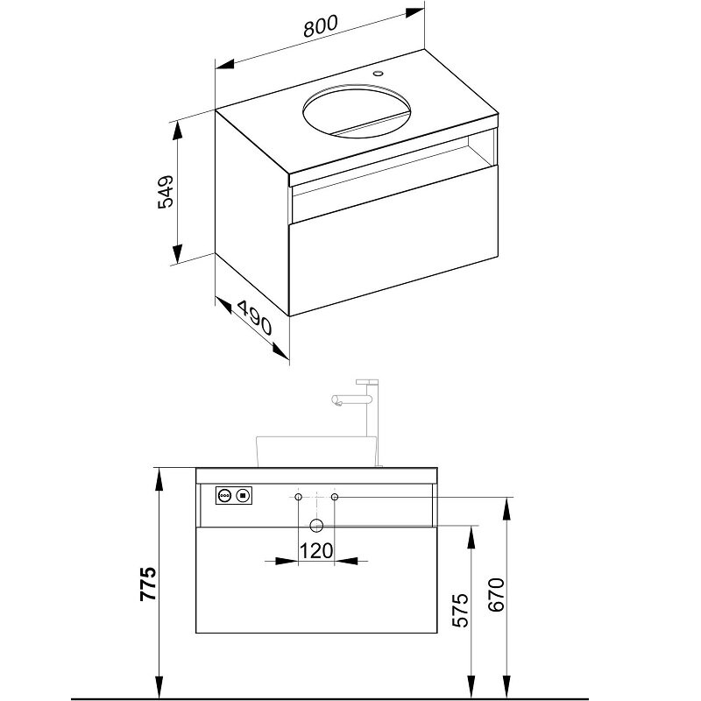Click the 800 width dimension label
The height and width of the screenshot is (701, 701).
click(x=321, y=26)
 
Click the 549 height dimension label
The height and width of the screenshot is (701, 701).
click(x=166, y=192)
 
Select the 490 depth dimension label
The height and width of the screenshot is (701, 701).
click(x=254, y=318)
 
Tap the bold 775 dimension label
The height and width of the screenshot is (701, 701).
click(x=148, y=584)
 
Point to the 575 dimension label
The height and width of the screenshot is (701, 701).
click(x=460, y=610)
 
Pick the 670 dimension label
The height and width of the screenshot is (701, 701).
click(x=496, y=595)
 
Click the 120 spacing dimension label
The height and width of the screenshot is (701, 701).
click(x=315, y=551)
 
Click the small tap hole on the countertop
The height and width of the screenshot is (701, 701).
click(x=379, y=73)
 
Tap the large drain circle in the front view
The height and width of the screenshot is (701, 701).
click(x=316, y=526)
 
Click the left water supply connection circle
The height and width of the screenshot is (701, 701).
click(x=298, y=497)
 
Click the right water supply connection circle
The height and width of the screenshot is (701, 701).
click(x=335, y=497)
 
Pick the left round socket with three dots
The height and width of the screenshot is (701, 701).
click(x=224, y=495)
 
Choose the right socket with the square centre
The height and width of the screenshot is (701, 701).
click(x=243, y=495)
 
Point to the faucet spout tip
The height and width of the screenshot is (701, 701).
click(x=336, y=403)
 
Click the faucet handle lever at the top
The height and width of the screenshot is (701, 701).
click(x=367, y=382)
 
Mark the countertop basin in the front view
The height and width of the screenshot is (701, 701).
click(x=316, y=452)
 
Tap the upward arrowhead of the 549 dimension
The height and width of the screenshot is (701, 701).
click(x=178, y=131)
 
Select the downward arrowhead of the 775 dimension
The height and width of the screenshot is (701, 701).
click(x=158, y=686)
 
